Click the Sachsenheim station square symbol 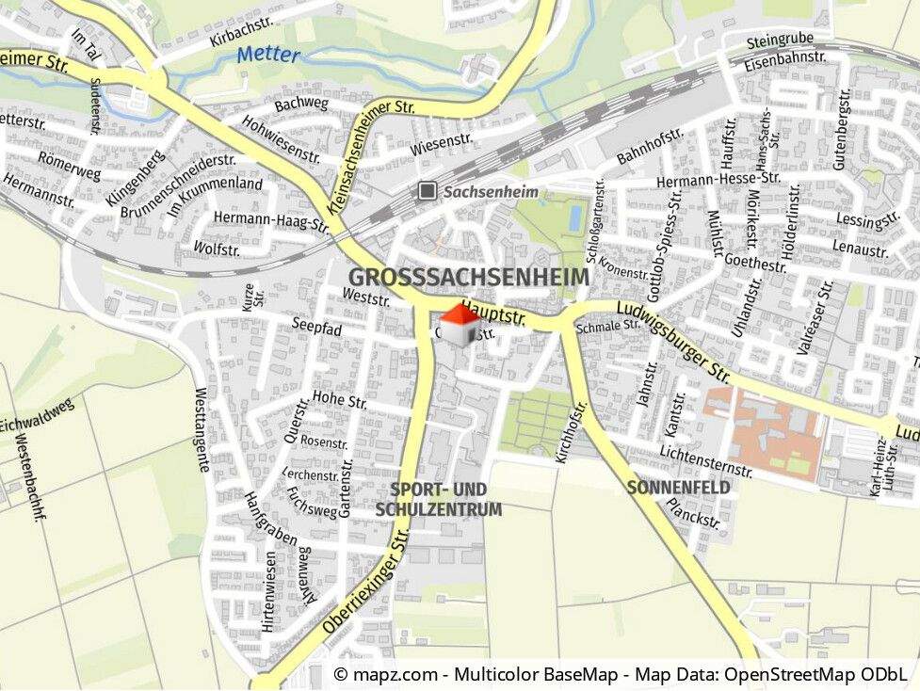point(428,191)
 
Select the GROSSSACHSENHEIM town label point(468,278)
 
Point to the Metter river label point(268,55)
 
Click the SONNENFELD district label point(678,488)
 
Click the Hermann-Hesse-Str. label point(718,178)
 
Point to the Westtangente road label point(202,429)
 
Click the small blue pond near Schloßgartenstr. point(573,217)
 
